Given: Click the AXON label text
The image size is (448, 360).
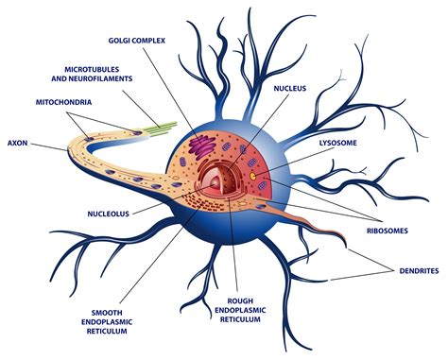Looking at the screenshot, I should [18, 145].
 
